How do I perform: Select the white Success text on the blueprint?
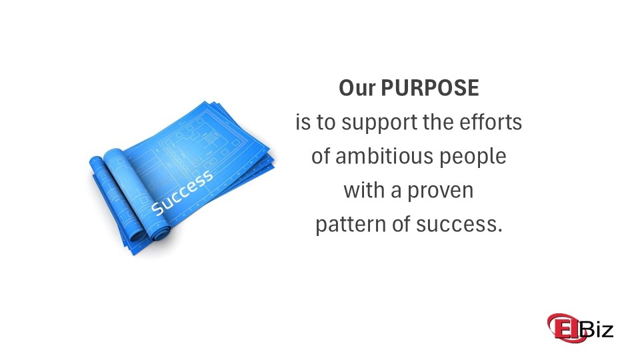182,193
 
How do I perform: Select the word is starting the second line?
303,123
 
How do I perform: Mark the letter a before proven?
397,191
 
